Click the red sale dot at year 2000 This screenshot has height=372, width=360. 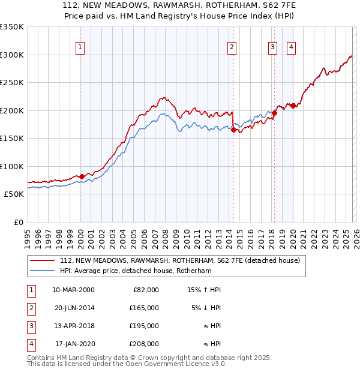(82, 176)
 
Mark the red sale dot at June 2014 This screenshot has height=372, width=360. (233, 130)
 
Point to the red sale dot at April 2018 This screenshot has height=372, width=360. (274, 113)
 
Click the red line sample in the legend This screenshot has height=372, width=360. (43, 261)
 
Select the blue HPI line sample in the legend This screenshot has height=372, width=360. (43, 271)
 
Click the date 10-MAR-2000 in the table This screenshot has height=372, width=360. (73, 290)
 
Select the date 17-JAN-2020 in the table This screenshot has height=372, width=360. (73, 344)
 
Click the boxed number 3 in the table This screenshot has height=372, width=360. (30, 326)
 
